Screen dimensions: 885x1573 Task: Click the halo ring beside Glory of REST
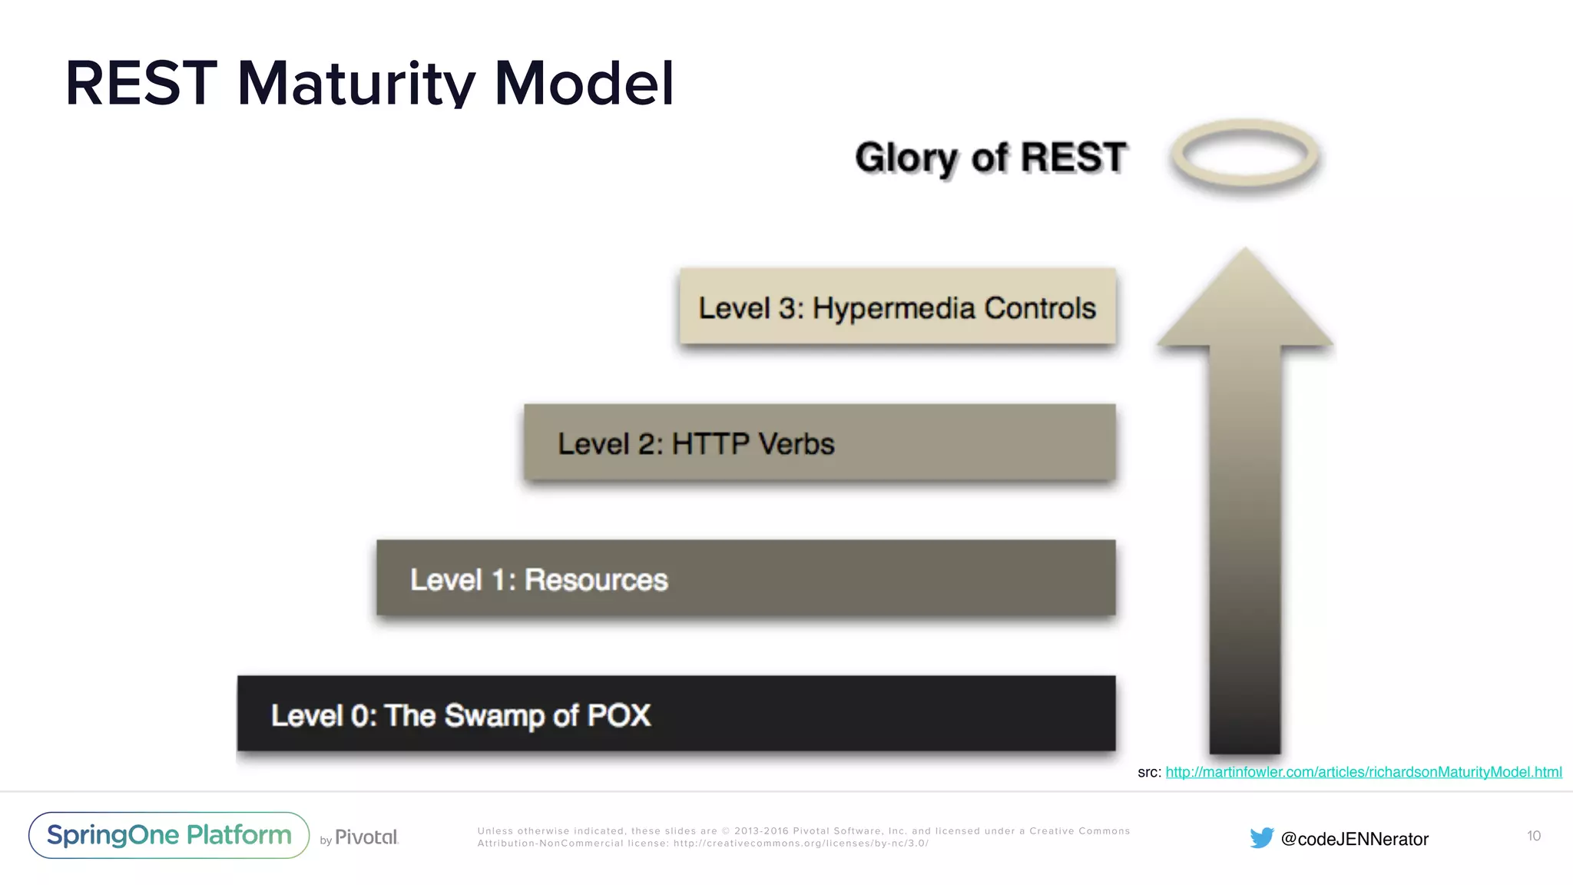pos(1245,154)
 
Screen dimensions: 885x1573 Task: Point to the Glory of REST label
pos(991,157)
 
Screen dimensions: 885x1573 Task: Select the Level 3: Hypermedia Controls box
pos(897,307)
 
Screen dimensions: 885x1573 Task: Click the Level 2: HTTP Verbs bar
pos(820,443)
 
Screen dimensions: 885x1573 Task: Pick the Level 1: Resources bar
pos(745,578)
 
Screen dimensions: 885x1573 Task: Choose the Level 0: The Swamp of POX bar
pos(676,714)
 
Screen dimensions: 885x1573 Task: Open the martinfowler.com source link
pos(1363,772)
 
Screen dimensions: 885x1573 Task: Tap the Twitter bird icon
pos(1261,838)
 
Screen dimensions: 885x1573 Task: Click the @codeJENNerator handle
pos(1355,839)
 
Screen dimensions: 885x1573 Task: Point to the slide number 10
pos(1533,836)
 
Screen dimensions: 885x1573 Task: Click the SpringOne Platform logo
pos(169,835)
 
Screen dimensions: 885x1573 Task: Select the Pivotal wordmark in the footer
pos(366,837)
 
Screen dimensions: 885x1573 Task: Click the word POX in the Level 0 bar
pos(619,715)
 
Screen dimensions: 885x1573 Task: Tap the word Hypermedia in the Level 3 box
pos(894,308)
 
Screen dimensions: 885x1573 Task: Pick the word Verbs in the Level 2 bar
pos(796,444)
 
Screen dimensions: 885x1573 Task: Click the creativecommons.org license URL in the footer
pos(801,844)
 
